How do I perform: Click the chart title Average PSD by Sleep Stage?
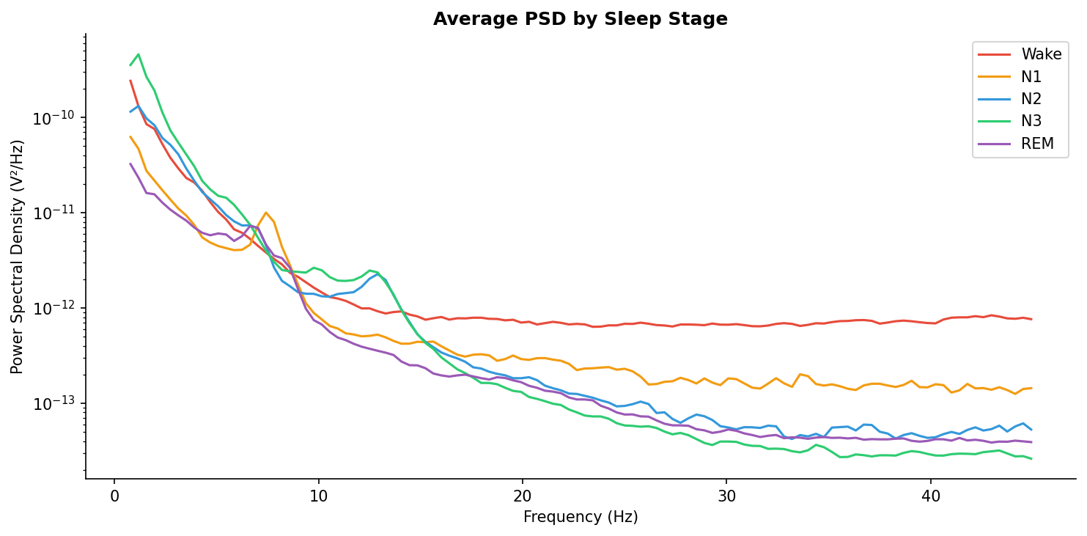click(580, 19)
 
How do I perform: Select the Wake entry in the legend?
click(1042, 54)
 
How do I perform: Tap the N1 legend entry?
click(1031, 77)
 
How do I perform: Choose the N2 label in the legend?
click(1031, 99)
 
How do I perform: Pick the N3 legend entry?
click(1031, 122)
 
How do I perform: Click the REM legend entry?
click(1037, 144)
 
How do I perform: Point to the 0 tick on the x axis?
click(114, 496)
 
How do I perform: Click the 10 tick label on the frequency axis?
click(318, 496)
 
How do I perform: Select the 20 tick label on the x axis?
click(522, 496)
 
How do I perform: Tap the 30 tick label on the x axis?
click(726, 496)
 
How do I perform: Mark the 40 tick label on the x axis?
click(930, 496)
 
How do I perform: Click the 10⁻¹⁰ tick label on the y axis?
click(59, 118)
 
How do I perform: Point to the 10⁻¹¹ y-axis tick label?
click(59, 213)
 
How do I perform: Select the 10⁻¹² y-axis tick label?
click(59, 309)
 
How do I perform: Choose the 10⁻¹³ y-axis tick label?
click(59, 404)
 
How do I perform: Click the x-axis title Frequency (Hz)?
click(580, 518)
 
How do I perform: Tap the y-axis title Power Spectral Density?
click(18, 256)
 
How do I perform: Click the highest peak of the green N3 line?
click(139, 54)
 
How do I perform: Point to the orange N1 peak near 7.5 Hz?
click(266, 213)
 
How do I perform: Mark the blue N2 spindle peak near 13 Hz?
click(378, 273)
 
